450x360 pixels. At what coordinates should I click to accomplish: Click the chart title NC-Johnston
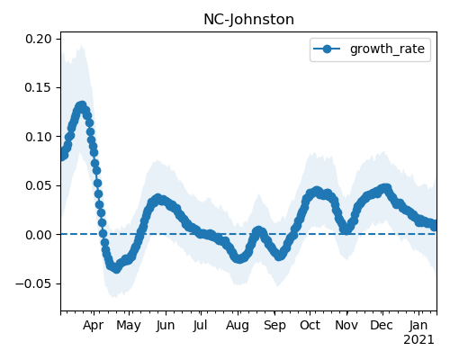click(248, 20)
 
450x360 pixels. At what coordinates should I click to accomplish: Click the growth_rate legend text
click(387, 49)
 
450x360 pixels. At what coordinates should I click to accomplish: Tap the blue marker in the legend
click(327, 49)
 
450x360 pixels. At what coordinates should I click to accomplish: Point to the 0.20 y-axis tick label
click(38, 39)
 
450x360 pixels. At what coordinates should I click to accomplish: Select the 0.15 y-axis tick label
click(38, 87)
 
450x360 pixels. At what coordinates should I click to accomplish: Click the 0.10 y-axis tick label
click(38, 137)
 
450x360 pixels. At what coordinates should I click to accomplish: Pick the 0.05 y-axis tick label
click(38, 185)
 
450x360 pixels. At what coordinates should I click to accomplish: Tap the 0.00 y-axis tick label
click(38, 235)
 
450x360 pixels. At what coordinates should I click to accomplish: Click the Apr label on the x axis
click(94, 326)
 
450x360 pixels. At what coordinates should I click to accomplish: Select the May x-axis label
click(129, 326)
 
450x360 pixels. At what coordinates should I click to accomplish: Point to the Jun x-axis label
click(166, 326)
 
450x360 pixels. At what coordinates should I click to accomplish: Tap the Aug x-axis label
click(238, 326)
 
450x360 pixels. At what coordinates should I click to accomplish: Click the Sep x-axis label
click(274, 326)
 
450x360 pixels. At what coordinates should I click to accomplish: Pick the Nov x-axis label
click(346, 326)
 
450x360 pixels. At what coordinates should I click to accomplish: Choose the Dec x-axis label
click(382, 326)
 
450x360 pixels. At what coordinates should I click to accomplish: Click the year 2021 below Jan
click(418, 340)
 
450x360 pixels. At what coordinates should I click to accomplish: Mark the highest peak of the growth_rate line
click(81, 105)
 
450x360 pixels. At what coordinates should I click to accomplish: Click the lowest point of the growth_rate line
click(116, 269)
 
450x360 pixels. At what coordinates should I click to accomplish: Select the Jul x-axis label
click(200, 326)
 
